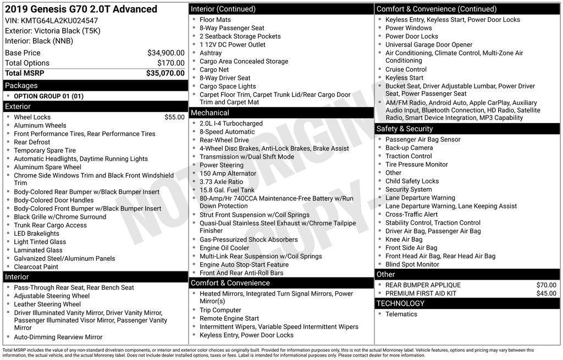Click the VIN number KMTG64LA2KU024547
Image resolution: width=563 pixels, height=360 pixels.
52,20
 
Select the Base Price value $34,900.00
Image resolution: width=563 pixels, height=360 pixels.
165,53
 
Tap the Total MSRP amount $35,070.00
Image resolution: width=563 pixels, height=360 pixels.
165,73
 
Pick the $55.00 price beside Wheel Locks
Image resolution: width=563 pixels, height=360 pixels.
174,117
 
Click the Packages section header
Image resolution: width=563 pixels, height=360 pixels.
21,85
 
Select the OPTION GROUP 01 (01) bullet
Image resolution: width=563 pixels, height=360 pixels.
48,96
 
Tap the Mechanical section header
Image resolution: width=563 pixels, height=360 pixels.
209,113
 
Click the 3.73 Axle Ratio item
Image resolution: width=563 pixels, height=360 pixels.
221,182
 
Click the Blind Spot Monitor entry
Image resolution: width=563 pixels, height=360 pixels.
412,264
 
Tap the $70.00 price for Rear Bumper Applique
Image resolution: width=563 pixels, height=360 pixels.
546,285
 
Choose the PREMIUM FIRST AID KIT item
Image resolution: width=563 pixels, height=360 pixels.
421,293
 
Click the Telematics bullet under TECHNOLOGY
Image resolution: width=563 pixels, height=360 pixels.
401,314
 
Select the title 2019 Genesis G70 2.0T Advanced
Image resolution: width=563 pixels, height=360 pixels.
81,9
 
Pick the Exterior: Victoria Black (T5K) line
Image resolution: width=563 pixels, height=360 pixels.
53,31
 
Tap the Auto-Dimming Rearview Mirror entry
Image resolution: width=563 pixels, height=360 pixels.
58,337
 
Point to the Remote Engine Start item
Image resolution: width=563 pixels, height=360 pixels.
229,318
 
